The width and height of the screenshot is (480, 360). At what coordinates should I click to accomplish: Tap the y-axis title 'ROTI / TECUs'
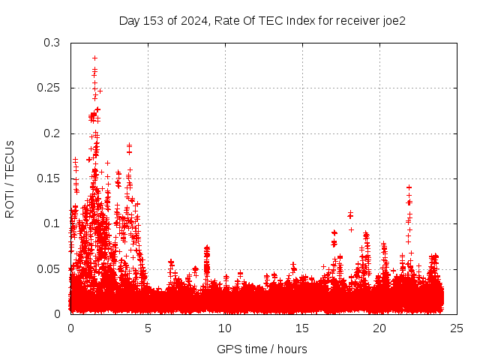pos(10,178)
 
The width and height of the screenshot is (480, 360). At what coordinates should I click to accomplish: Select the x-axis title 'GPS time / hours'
pos(262,349)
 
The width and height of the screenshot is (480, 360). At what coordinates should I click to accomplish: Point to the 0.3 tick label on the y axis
pos(52,43)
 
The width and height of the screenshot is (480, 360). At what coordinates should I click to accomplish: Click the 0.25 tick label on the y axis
pos(49,88)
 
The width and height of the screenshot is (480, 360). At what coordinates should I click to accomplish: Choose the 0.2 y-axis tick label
pos(52,133)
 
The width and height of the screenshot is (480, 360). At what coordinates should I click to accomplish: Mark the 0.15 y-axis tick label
pos(49,178)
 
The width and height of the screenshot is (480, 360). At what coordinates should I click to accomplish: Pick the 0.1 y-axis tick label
pos(52,223)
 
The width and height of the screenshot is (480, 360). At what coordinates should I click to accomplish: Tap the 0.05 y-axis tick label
pos(49,268)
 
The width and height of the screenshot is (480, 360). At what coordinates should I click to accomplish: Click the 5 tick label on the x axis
pos(148,328)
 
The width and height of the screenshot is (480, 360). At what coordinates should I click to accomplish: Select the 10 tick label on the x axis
pos(225,328)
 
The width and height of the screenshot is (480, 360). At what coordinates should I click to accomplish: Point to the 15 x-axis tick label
pos(302,328)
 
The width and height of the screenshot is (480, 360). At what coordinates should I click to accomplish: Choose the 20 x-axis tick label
pos(379,328)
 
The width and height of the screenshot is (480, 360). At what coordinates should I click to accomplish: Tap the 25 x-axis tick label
pos(457,328)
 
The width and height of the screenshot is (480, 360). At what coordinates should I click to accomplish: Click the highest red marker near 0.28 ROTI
pos(94,58)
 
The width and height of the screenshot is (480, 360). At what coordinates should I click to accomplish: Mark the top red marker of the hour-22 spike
pos(409,187)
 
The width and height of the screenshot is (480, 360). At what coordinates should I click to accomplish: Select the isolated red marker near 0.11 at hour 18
pos(350,216)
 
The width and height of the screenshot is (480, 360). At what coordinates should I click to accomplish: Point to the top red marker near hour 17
pos(334,232)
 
